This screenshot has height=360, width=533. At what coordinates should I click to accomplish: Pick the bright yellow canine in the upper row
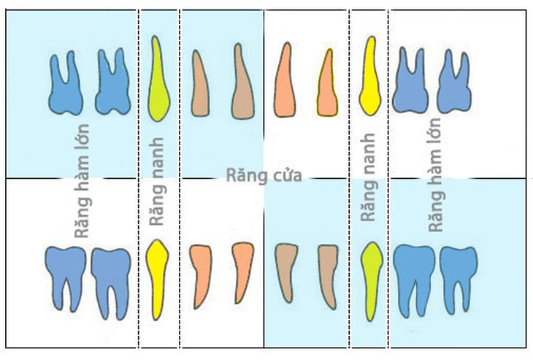[x=370, y=78]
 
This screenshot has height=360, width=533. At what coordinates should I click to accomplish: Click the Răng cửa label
[x=264, y=176]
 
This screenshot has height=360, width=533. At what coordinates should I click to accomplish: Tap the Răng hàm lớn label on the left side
[x=82, y=181]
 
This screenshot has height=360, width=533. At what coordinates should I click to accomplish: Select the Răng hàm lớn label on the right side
[x=434, y=175]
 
